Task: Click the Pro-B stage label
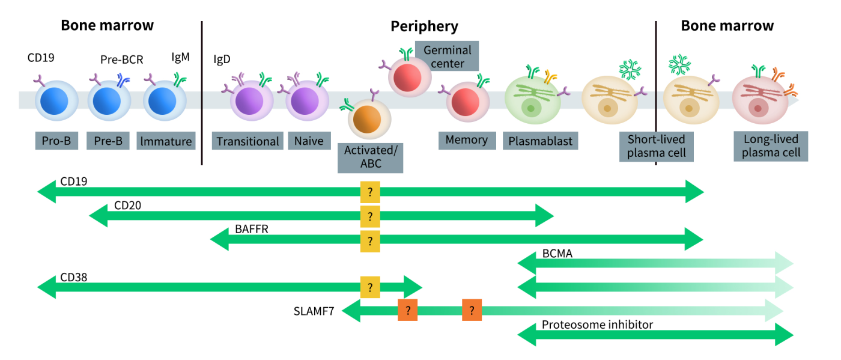pyautogui.click(x=56, y=141)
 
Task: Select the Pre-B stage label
pyautogui.click(x=108, y=141)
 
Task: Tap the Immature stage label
pyautogui.click(x=166, y=141)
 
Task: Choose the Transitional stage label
pyautogui.click(x=247, y=141)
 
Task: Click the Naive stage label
pyautogui.click(x=309, y=141)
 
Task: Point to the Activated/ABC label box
pyautogui.click(x=370, y=158)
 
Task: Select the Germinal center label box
pyautogui.click(x=447, y=56)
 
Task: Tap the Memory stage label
pyautogui.click(x=467, y=140)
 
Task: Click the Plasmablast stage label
pyautogui.click(x=540, y=141)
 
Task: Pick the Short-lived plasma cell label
pyautogui.click(x=656, y=147)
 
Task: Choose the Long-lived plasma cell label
pyautogui.click(x=771, y=146)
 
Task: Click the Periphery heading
pyautogui.click(x=424, y=26)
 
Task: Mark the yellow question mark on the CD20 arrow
pyautogui.click(x=370, y=216)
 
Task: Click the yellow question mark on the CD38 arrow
pyautogui.click(x=370, y=287)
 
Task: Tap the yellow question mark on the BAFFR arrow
pyautogui.click(x=370, y=241)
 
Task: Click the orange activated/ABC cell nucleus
pyautogui.click(x=367, y=120)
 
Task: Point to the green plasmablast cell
pyautogui.click(x=533, y=100)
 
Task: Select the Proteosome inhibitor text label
pyautogui.click(x=597, y=325)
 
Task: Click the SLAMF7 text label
pyautogui.click(x=314, y=311)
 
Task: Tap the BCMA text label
pyautogui.click(x=557, y=254)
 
